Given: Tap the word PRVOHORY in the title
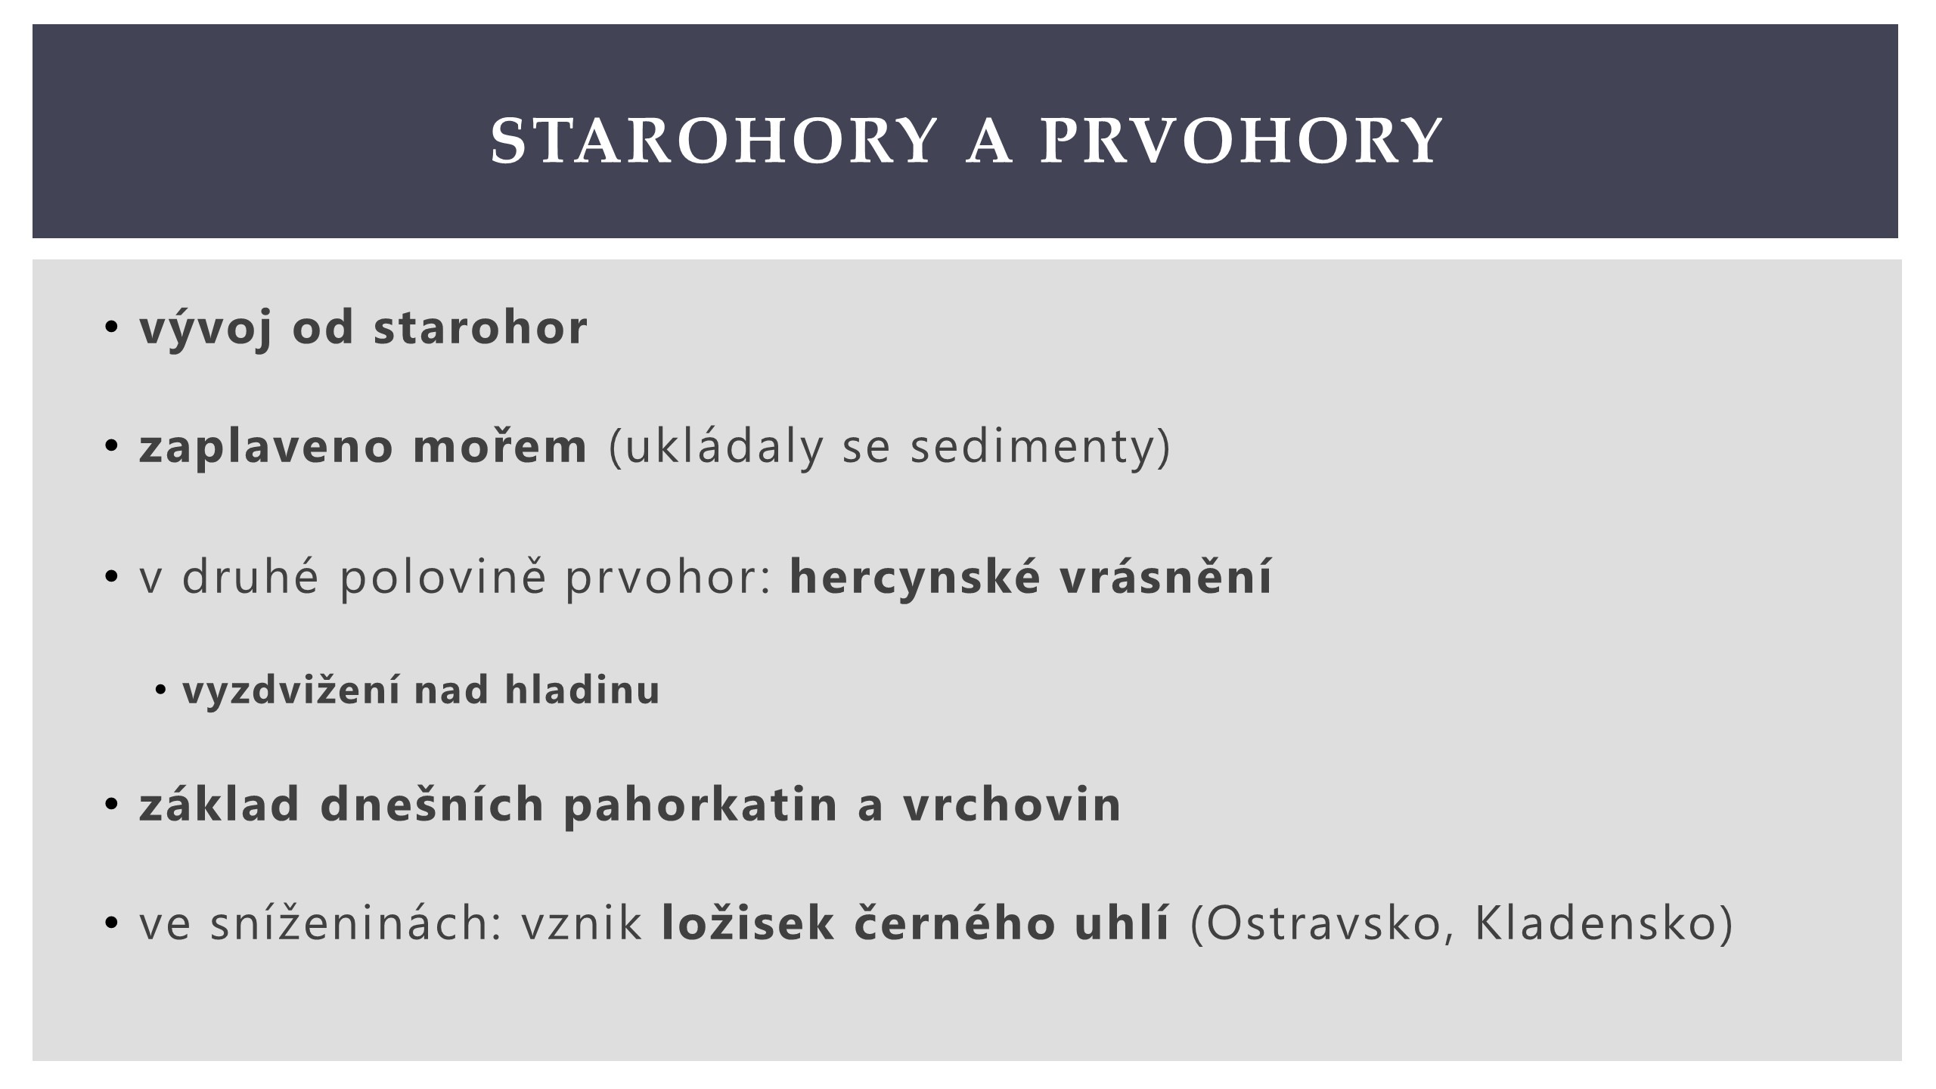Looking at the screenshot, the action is (1241, 141).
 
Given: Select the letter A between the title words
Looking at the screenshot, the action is (988, 141).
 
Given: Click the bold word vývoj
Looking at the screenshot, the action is (206, 328).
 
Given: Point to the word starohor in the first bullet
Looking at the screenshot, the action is (481, 327).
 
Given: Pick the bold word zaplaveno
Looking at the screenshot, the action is (266, 446).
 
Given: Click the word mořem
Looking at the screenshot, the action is (500, 446).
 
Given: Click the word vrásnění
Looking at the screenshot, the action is (1166, 576).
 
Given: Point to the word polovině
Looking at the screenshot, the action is (443, 578).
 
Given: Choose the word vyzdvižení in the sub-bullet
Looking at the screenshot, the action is (290, 691).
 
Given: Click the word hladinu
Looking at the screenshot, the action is (582, 690).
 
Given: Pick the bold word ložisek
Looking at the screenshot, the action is (748, 924).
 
